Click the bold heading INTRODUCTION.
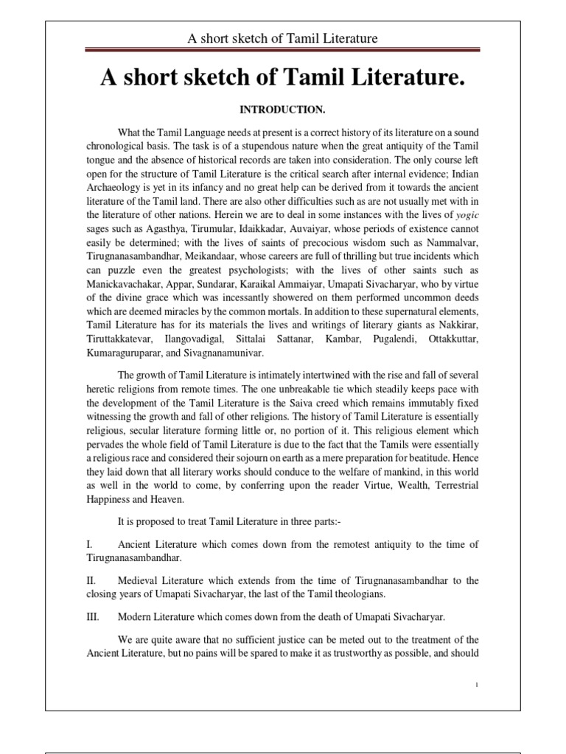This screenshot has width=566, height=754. (x=283, y=109)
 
